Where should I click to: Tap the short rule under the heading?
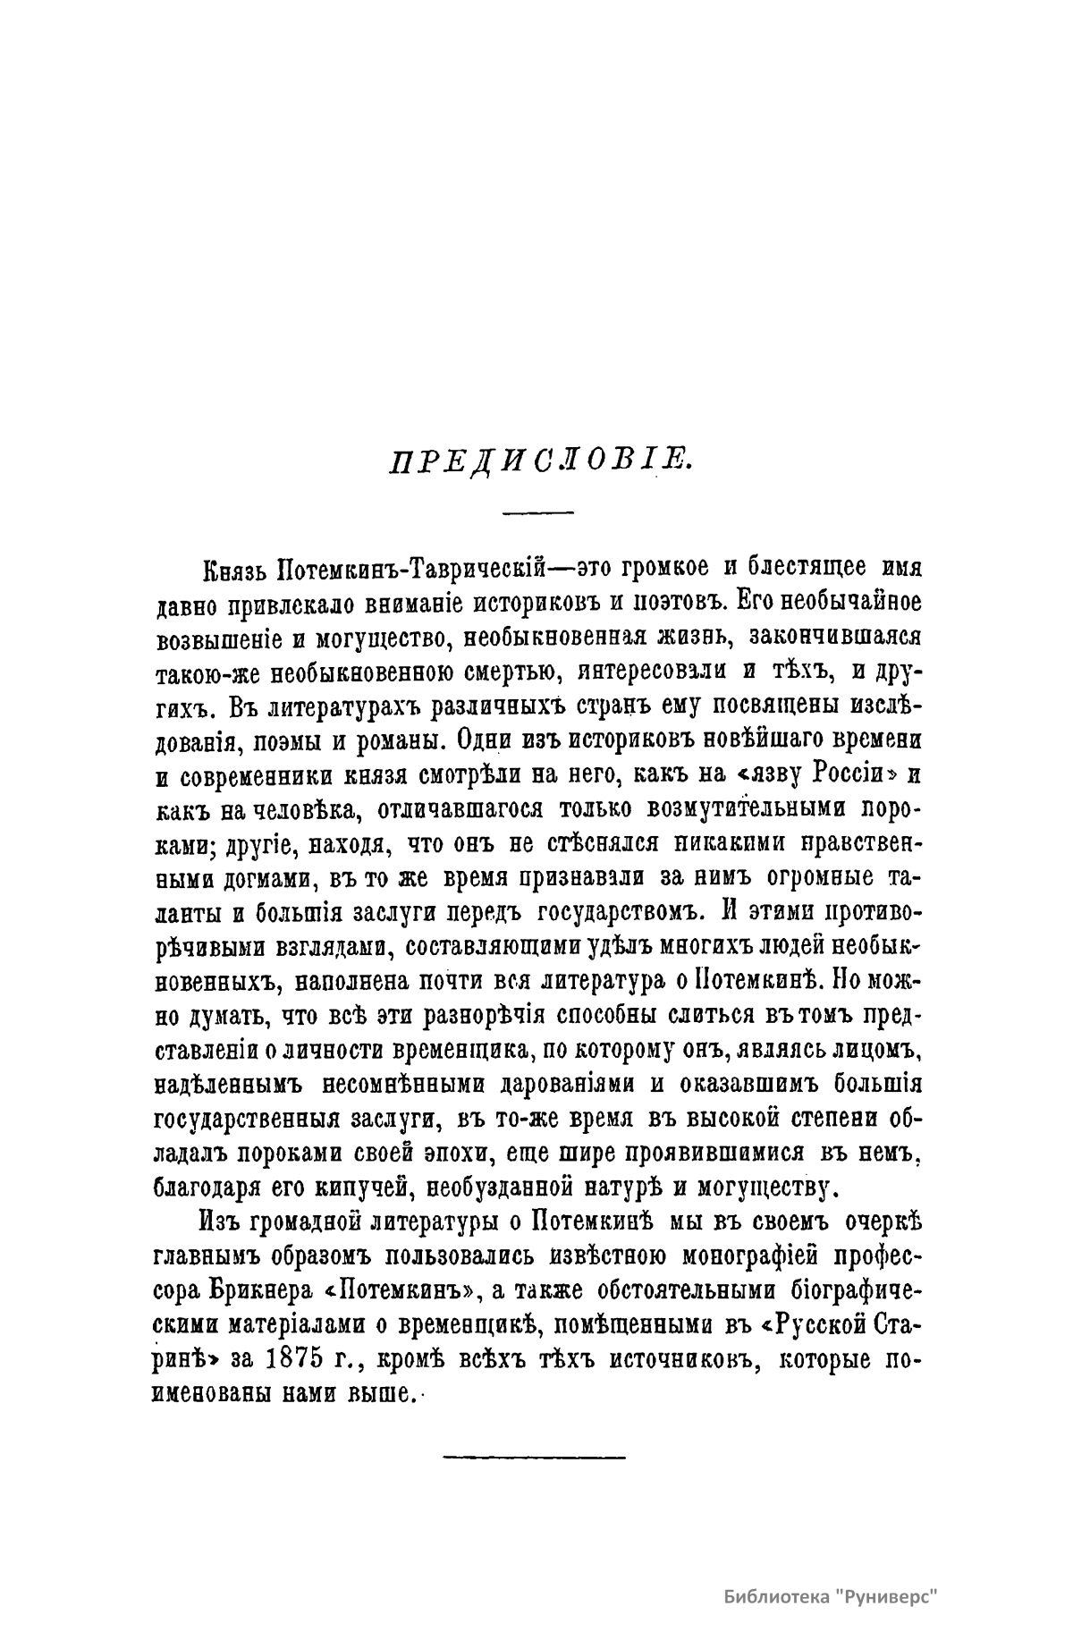536,512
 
